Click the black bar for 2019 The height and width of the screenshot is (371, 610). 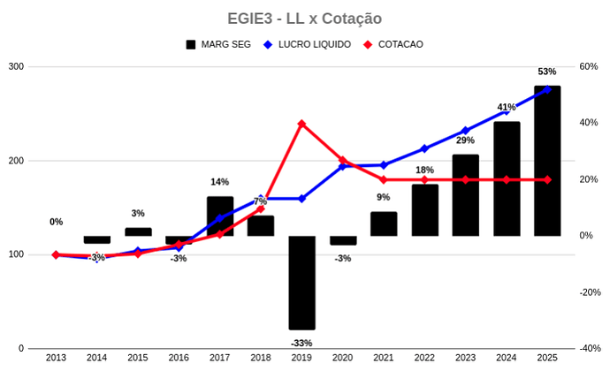click(x=301, y=283)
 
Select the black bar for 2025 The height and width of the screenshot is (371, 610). click(x=547, y=161)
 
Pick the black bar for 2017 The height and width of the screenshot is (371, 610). click(x=220, y=216)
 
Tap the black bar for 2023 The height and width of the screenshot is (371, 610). click(x=465, y=195)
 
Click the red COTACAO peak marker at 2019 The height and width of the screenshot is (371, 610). click(x=301, y=124)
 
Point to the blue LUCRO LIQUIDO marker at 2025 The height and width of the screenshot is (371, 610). click(x=547, y=89)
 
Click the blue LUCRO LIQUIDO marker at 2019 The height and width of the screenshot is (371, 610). click(x=301, y=199)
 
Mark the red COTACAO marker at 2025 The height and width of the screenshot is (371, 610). click(x=547, y=179)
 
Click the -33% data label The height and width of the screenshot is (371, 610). click(x=301, y=343)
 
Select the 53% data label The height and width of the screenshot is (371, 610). click(x=546, y=72)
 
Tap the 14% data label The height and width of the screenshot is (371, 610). click(x=220, y=182)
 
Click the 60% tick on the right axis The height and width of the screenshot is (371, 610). click(x=589, y=67)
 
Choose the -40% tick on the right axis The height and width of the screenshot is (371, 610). click(x=588, y=349)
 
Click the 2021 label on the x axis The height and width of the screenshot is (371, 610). click(x=383, y=358)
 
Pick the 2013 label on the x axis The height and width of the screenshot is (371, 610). click(x=56, y=358)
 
